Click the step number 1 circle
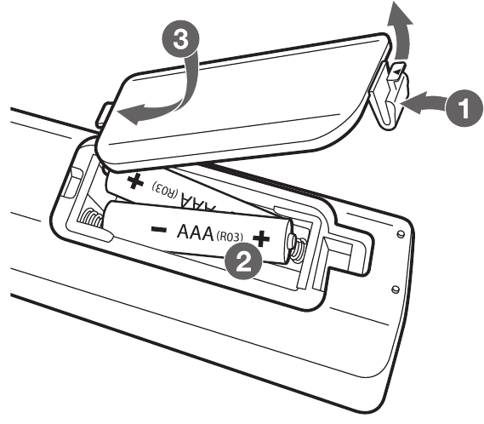pos(464,108)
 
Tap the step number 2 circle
pos(243,261)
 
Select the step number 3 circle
pos(180,39)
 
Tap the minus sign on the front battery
pos(159,229)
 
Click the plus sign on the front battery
pos(261,238)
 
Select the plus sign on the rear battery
pos(135,181)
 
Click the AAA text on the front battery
pos(195,232)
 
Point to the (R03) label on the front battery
pos(230,237)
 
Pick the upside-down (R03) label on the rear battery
pos(166,189)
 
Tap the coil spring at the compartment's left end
pos(91,219)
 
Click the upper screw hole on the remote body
pos(401,233)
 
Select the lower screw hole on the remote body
pos(395,289)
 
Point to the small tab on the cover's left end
pos(104,114)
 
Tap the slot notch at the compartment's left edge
pos(73,182)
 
